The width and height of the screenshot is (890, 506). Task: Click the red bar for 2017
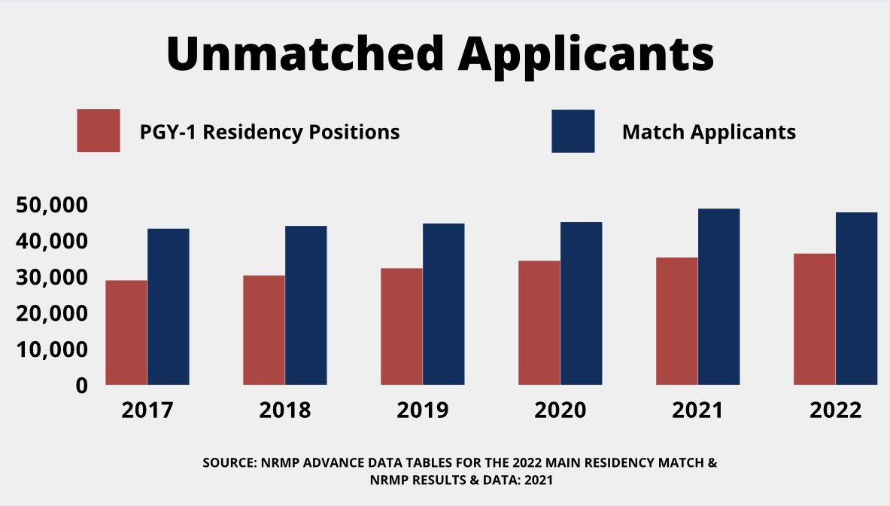126,332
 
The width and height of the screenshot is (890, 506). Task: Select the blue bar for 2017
169,306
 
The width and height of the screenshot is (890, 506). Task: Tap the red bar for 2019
401,326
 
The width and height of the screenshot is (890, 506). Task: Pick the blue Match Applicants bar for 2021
718,297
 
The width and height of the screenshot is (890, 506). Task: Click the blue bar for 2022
856,298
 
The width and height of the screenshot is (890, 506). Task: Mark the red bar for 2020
539,322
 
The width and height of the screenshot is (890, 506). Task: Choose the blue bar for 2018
305,305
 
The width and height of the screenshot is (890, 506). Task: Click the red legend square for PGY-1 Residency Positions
99,131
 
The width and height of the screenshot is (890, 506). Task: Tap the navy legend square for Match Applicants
573,131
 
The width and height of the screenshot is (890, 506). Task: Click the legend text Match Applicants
709,132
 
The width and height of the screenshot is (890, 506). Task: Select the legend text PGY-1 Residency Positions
269,133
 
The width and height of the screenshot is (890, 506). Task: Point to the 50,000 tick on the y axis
52,206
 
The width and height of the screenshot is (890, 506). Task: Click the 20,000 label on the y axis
52,313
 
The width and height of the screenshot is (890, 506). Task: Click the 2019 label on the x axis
422,411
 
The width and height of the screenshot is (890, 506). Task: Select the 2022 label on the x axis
835,411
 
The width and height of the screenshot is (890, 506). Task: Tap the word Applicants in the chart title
586,54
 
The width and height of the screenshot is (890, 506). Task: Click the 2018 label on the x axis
284,411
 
